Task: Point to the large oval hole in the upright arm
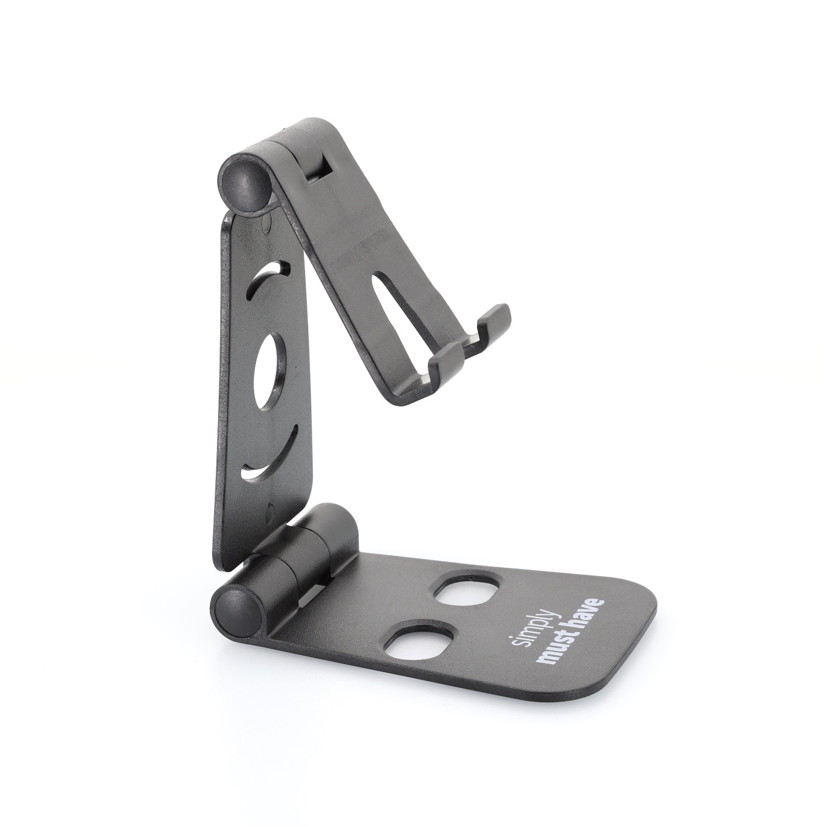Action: click(270, 372)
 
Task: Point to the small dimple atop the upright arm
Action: click(268, 222)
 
